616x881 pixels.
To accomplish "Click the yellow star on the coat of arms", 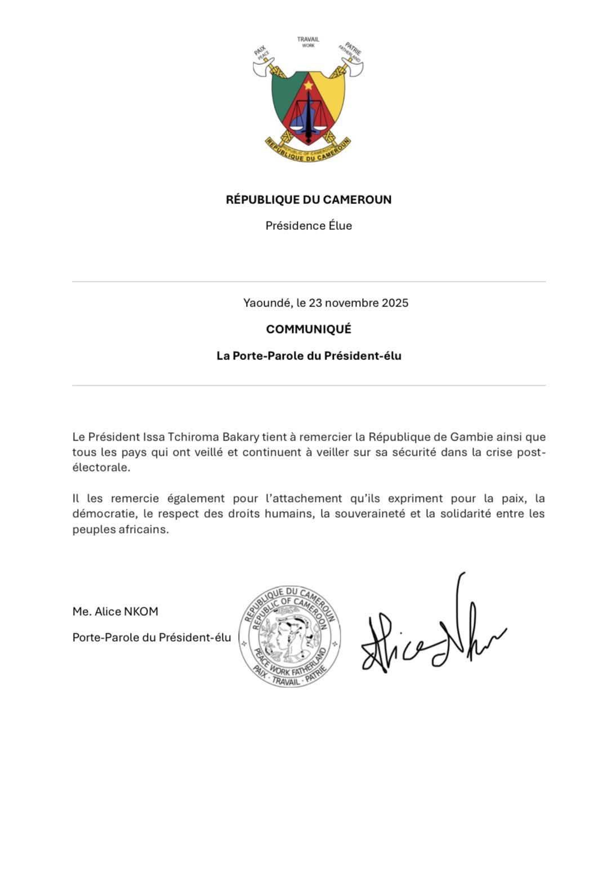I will pos(308,86).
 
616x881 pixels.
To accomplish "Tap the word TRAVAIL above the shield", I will pos(308,39).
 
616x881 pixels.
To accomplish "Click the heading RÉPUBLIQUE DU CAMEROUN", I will pos(309,199).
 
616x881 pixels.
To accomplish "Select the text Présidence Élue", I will pos(309,226).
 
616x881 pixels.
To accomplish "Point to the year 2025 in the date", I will pos(395,302).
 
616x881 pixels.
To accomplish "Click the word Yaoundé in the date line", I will pos(267,302).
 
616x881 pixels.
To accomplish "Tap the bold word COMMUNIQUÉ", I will pos(309,329).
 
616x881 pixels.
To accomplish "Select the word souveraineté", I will pos(362,514).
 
